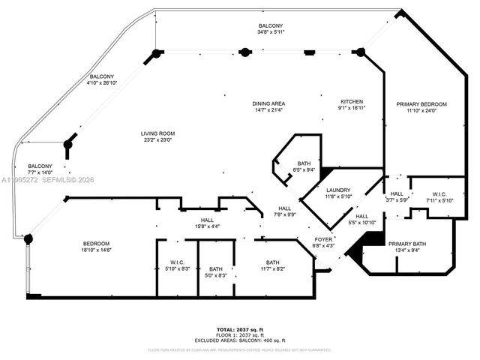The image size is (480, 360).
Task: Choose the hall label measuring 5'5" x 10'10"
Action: pos(361,218)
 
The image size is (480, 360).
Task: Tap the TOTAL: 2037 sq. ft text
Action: pos(239,329)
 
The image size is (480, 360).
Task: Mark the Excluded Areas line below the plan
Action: pos(239,340)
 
